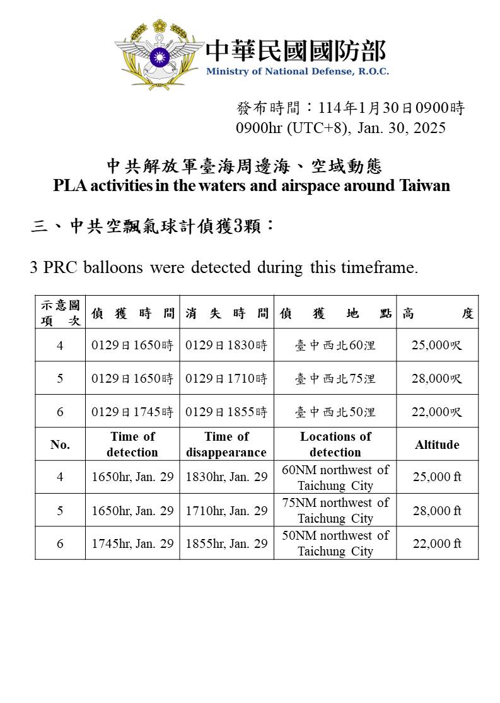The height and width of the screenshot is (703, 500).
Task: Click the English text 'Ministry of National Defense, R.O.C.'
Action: point(297,71)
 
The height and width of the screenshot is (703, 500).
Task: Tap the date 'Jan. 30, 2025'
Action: point(401,128)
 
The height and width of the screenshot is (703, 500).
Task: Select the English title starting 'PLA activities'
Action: point(252,186)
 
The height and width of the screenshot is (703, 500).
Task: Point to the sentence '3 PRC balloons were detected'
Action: point(224,267)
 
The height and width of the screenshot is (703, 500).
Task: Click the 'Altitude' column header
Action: point(437,444)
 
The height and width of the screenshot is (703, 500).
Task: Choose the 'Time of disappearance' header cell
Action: point(226,444)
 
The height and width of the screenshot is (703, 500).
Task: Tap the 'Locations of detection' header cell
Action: point(335,444)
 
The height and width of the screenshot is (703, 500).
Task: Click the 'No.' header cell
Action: point(60,444)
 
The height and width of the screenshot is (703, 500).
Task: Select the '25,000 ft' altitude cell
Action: point(437,477)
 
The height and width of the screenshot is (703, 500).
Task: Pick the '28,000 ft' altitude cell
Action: point(437,510)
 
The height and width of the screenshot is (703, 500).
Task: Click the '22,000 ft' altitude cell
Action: point(437,543)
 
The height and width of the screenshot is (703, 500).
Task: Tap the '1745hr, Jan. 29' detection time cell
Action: point(132,543)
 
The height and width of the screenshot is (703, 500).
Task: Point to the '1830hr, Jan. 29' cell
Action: point(226,477)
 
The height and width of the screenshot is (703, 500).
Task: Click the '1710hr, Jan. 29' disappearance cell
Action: point(226,510)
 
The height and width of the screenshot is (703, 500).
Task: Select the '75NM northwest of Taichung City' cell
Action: point(335,510)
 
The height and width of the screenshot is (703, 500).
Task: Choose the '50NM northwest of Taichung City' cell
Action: point(335,543)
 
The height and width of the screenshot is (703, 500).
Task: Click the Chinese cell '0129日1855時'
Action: point(226,412)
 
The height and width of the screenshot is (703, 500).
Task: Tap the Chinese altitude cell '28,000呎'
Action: point(437,379)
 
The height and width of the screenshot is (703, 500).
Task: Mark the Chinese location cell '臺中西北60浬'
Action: point(335,346)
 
